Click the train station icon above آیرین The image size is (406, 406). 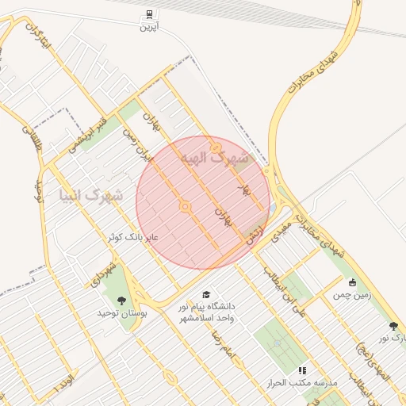click(x=150, y=14)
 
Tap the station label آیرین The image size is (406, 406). click(x=150, y=27)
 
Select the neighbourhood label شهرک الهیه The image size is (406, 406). click(x=214, y=159)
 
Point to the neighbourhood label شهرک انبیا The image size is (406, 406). click(x=92, y=193)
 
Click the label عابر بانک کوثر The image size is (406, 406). click(x=134, y=237)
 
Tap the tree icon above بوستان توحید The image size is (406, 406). click(x=121, y=301)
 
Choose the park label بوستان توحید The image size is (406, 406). click(x=122, y=314)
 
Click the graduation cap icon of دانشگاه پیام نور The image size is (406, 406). click(x=206, y=295)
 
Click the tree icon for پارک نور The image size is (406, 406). click(x=393, y=325)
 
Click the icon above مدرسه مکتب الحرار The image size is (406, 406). click(x=301, y=370)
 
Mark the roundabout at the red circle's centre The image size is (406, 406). click(x=185, y=207)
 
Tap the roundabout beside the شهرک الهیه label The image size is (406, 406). click(x=216, y=147)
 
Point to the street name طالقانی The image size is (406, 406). click(x=29, y=140)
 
